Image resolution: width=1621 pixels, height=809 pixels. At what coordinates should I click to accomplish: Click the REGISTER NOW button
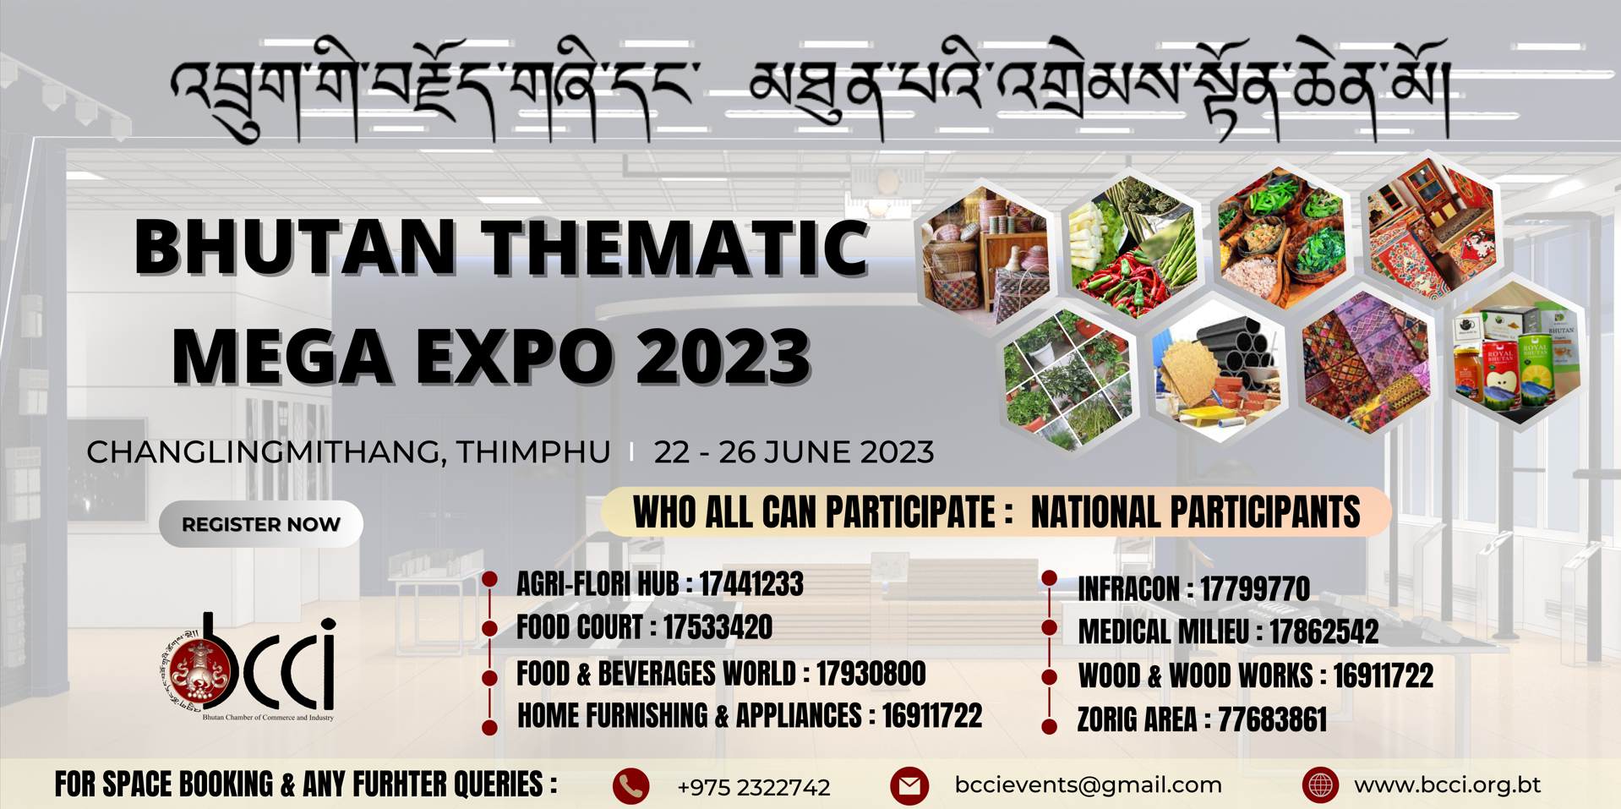[261, 524]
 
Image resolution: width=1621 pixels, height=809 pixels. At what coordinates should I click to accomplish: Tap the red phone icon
[630, 786]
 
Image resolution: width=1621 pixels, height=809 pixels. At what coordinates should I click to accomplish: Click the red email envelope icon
[909, 786]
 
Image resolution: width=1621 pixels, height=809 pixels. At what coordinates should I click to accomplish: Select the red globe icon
[1320, 785]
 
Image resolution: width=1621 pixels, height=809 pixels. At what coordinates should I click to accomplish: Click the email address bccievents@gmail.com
[1089, 785]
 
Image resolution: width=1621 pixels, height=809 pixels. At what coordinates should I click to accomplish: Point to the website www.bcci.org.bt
[1447, 785]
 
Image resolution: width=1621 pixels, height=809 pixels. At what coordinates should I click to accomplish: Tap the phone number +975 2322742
[753, 788]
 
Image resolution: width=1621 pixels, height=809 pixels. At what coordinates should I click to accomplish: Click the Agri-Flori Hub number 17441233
[751, 584]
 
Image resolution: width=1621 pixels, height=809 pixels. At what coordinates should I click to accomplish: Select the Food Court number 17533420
[718, 628]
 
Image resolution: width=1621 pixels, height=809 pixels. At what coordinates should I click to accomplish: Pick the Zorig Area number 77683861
[1272, 720]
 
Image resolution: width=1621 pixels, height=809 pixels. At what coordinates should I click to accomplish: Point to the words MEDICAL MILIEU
[1163, 632]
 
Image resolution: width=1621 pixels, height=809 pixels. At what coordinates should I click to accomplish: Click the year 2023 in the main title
[723, 356]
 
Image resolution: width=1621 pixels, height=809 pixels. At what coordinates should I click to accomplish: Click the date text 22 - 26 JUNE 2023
[794, 452]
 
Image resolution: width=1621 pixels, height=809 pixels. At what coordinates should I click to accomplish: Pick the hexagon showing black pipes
[1219, 370]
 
